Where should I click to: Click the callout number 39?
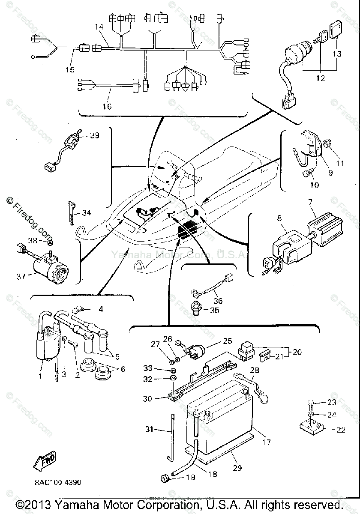click(95, 135)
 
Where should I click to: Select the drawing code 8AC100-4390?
click(58, 482)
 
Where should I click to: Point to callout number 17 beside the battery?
click(266, 442)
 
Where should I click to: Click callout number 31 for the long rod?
click(149, 429)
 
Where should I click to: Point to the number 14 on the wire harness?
click(99, 27)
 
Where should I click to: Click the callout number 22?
click(341, 430)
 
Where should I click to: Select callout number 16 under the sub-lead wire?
click(107, 106)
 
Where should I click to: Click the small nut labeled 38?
click(50, 243)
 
